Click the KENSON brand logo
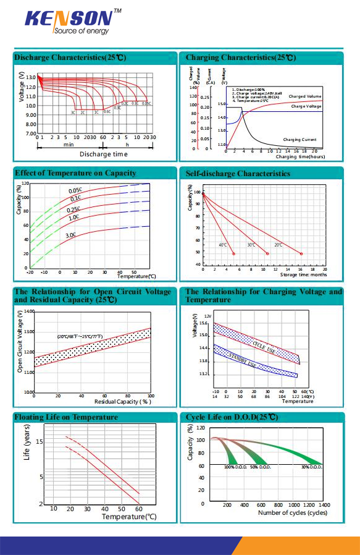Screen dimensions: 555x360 tap(69, 18)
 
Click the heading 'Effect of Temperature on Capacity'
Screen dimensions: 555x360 tap(75, 172)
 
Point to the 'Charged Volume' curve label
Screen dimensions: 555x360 tap(305, 96)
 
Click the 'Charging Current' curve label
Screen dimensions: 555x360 tap(299, 140)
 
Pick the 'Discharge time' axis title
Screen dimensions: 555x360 tap(103, 154)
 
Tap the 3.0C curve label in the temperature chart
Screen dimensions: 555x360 tap(70, 235)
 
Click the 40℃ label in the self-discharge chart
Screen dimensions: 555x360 tap(223, 245)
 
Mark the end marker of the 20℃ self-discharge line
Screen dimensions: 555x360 tap(301, 253)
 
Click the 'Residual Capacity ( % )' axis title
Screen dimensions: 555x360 tap(127, 402)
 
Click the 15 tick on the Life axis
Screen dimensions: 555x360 tap(40, 441)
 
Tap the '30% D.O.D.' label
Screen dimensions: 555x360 tap(312, 467)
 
